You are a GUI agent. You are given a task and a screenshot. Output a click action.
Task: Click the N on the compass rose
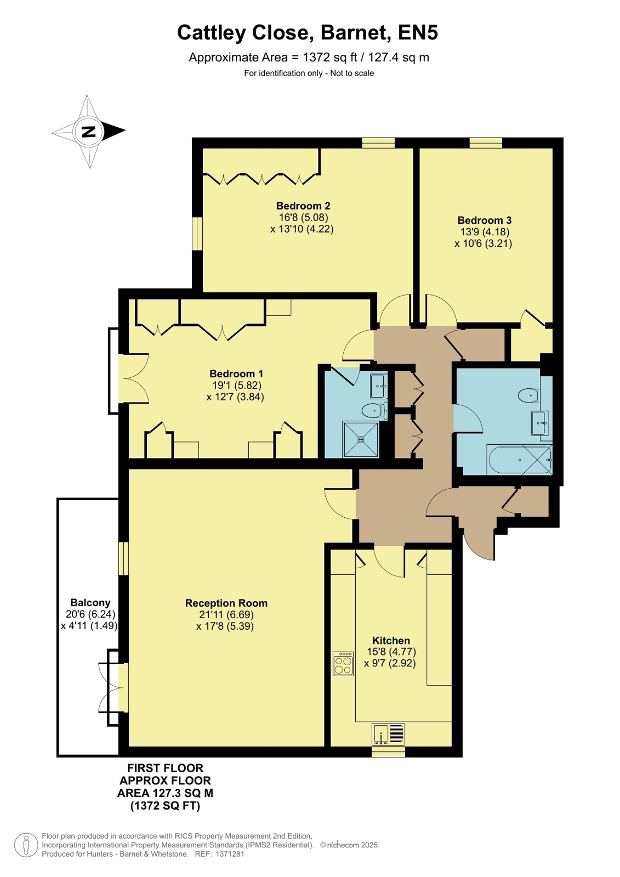coord(89,131)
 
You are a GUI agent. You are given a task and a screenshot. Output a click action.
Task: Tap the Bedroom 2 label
coord(303,206)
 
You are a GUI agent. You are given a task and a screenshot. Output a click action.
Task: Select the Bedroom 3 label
coord(484,220)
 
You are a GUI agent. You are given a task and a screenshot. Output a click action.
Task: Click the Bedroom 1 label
coord(236,374)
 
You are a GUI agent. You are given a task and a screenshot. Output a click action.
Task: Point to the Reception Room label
coord(226,603)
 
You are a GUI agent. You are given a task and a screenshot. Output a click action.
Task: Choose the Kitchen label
coord(391,641)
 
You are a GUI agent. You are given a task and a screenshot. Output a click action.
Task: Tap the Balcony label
coord(90,603)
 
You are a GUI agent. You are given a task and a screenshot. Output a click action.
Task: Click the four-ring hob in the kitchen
coord(343,664)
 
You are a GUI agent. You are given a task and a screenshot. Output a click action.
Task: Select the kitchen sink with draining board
coord(388,734)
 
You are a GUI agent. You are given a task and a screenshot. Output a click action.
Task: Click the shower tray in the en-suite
coord(361,439)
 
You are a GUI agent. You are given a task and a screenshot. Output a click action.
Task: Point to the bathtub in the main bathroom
coord(519,459)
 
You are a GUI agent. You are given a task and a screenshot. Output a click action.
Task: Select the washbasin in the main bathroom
coord(540,423)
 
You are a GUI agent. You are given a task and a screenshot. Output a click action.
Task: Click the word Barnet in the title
coord(355,32)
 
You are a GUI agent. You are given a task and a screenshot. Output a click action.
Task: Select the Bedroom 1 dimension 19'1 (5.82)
coord(236,385)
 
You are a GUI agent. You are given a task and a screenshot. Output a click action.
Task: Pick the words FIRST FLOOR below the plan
coord(165,768)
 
